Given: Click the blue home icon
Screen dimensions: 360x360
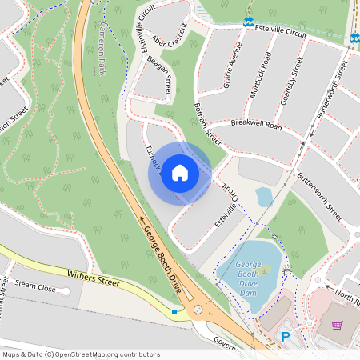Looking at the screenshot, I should pyautogui.click(x=180, y=173).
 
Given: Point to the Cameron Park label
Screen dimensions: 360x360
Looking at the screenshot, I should pyautogui.click(x=102, y=54).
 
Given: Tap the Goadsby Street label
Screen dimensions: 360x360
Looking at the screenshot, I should pyautogui.click(x=290, y=76).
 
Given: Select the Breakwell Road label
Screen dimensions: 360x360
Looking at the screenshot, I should pyautogui.click(x=257, y=126).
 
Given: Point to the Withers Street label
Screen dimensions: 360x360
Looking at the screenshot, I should pyautogui.click(x=92, y=279).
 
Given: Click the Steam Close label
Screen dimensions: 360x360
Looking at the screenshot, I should pyautogui.click(x=35, y=286).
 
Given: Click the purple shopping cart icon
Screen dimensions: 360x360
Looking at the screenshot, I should pyautogui.click(x=337, y=326).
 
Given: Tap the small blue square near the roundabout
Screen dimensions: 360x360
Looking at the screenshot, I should pyautogui.click(x=174, y=312).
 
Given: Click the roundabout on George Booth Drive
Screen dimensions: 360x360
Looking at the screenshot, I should pyautogui.click(x=198, y=310).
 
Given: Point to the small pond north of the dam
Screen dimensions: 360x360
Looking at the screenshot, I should pyautogui.click(x=264, y=196).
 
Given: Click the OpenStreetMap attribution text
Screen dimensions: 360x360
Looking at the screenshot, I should pyautogui.click(x=80, y=354).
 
